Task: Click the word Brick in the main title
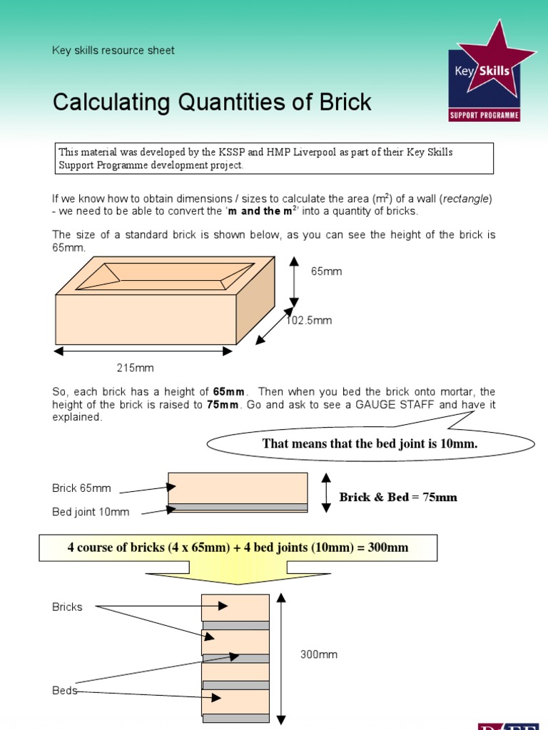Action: click(341, 102)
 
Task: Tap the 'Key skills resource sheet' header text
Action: click(113, 50)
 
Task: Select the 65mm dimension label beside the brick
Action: click(326, 272)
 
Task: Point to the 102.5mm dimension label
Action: click(310, 321)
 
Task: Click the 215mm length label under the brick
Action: click(136, 368)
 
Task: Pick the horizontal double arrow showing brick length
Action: click(143, 351)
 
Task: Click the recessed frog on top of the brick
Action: click(165, 275)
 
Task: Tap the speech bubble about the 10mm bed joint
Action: click(370, 443)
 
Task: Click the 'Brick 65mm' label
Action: click(81, 488)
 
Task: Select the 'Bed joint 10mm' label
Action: click(91, 512)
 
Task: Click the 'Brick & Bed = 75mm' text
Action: click(398, 497)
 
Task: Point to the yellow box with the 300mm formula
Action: click(238, 547)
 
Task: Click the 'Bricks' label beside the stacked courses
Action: click(67, 607)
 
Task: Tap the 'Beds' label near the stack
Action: click(64, 691)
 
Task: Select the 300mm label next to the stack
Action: click(318, 654)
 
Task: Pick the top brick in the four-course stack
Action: click(235, 607)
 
